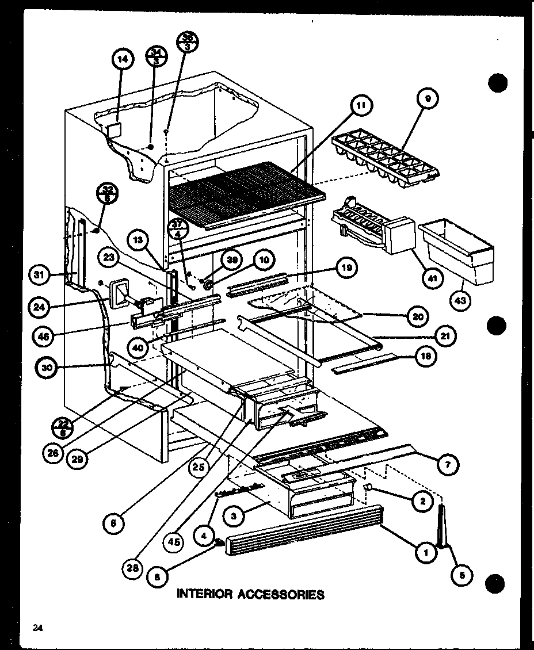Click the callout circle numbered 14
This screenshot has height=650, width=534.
[x=123, y=59]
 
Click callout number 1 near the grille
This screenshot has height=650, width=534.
[x=426, y=553]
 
